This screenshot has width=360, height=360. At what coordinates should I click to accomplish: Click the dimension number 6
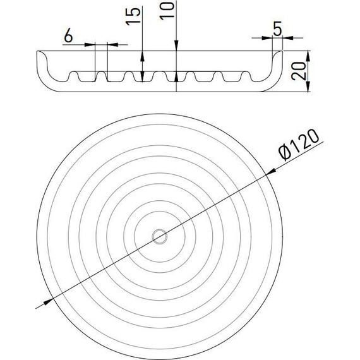(x=68, y=36)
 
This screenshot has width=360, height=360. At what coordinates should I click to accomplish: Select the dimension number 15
(x=133, y=16)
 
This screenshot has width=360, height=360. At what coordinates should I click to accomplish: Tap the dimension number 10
(x=167, y=11)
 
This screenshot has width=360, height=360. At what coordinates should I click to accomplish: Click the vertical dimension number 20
(x=299, y=71)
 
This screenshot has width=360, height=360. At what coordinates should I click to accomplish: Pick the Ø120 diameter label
(x=299, y=145)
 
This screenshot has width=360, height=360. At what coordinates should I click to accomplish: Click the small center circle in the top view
(x=160, y=236)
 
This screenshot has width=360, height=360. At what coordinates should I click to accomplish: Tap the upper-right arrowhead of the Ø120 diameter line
(x=271, y=172)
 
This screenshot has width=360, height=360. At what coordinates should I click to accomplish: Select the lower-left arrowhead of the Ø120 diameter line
(x=48, y=302)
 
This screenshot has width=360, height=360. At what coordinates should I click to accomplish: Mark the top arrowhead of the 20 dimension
(x=308, y=56)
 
